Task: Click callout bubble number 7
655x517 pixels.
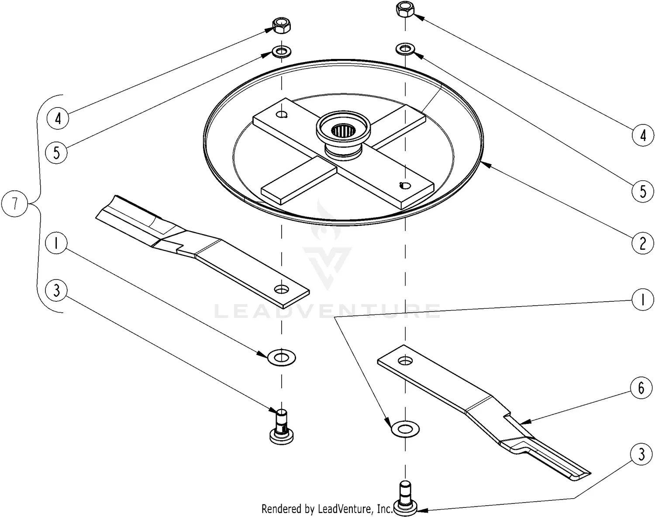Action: [15, 203]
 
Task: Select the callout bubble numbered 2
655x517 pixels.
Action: [642, 243]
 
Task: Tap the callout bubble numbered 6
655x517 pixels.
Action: [641, 388]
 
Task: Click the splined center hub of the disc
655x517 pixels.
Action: [343, 130]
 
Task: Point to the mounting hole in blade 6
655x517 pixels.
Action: [406, 361]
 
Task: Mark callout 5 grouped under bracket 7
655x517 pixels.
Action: [57, 152]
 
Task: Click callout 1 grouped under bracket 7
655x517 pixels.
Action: [55, 244]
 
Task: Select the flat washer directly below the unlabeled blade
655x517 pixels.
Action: [282, 358]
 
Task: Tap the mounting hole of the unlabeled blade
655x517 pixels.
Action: [282, 289]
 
